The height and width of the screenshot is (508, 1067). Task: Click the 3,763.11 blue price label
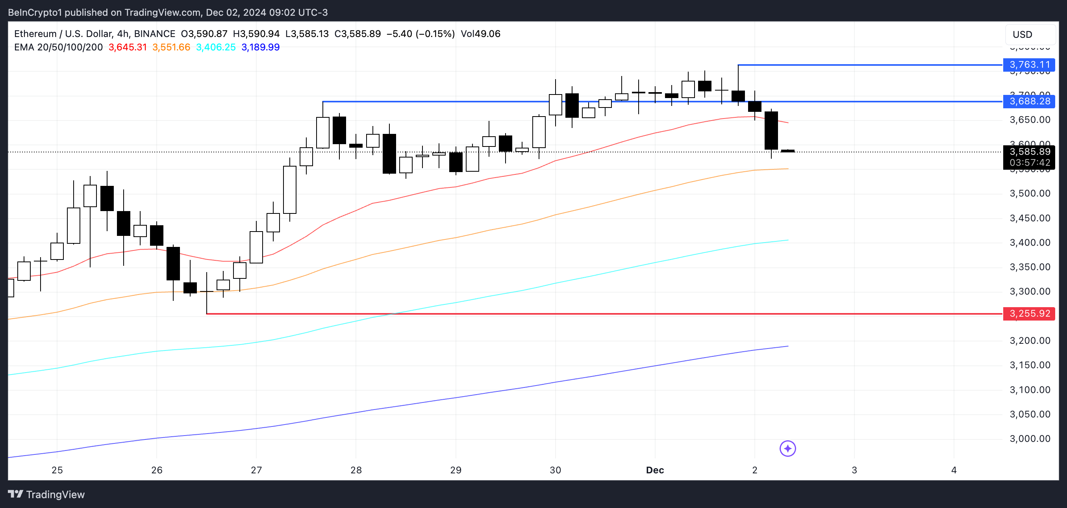tap(1029, 65)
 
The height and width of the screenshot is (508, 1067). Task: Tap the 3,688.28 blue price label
tap(1029, 101)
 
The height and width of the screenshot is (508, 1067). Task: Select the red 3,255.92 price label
tap(1029, 314)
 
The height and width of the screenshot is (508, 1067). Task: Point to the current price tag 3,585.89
tap(1029, 152)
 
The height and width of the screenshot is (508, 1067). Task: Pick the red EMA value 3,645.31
tap(128, 47)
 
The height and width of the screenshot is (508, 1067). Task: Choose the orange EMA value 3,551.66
tap(171, 47)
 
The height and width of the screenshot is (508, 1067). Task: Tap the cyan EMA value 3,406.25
tap(215, 47)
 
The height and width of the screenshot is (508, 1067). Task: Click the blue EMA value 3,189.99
tap(260, 47)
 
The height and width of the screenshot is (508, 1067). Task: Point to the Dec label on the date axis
tap(655, 470)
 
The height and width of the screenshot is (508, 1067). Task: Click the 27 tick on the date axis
tap(256, 470)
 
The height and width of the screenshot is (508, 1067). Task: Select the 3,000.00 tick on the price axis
tap(1030, 438)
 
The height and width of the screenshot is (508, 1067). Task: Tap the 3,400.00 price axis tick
tap(1030, 243)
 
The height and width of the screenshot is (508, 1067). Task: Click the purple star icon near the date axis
tap(787, 448)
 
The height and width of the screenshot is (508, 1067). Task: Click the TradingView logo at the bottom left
tap(46, 494)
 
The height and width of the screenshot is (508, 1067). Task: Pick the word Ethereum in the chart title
tap(35, 33)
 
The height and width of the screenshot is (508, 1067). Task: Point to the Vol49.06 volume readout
tap(480, 33)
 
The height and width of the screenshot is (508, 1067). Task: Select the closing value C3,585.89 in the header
tap(358, 33)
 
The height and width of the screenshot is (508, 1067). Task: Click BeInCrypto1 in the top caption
tap(35, 13)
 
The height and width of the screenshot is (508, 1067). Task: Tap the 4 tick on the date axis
tap(954, 470)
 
